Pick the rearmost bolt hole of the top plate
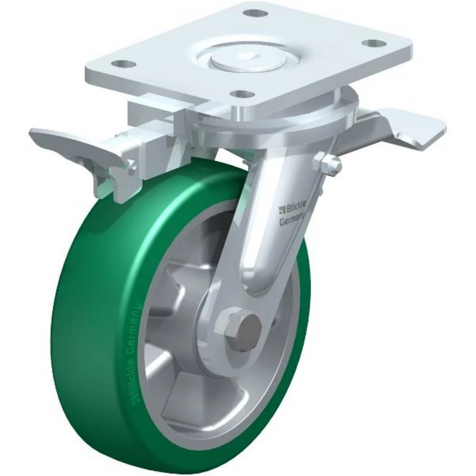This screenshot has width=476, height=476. (x=257, y=12)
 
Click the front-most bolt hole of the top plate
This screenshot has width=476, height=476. (x=244, y=94)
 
